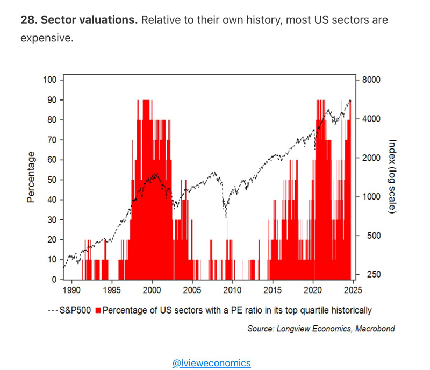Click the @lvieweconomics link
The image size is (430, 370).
point(211,363)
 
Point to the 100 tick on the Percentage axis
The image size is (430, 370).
point(49,80)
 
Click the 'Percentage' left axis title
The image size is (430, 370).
point(31,177)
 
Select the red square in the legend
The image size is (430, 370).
point(98,310)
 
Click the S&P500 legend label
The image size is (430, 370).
point(76,310)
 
